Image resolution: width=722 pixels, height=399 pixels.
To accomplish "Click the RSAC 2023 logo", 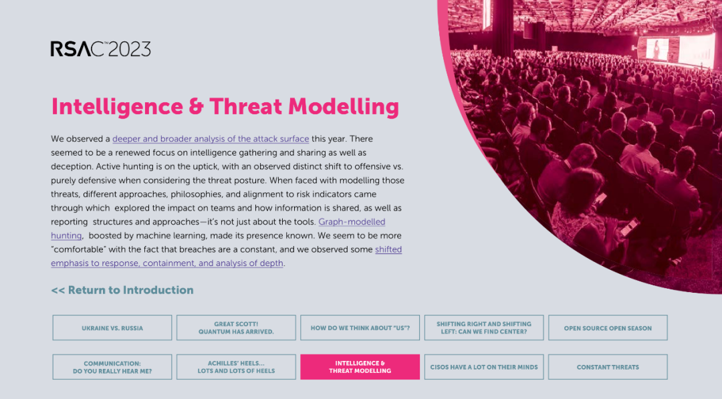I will click(x=100, y=49).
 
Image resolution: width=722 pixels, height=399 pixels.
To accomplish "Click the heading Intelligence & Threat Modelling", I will click(x=225, y=106).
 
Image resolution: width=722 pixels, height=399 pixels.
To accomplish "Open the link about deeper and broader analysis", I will click(x=211, y=139).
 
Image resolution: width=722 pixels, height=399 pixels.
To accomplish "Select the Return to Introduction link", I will click(x=122, y=290).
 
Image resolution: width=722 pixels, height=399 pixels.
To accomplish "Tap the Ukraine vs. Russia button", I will click(x=112, y=328).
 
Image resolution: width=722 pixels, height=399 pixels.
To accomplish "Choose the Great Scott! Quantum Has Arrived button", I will click(x=236, y=328).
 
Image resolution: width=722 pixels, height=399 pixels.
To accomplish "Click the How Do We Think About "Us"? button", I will click(x=360, y=328).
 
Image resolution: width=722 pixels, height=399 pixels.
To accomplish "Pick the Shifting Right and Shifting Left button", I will click(x=484, y=328).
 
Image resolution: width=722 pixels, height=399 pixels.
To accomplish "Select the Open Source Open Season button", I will click(x=608, y=328).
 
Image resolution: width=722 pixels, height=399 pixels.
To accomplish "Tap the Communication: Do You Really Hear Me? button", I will click(x=112, y=367).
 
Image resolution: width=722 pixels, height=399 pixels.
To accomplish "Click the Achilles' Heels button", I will click(x=236, y=367).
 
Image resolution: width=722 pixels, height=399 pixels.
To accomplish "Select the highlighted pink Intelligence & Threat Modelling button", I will click(x=360, y=367).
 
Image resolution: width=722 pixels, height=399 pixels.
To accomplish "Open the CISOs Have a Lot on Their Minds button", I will click(x=484, y=367).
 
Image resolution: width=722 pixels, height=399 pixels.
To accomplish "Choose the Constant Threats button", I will click(x=608, y=367).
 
